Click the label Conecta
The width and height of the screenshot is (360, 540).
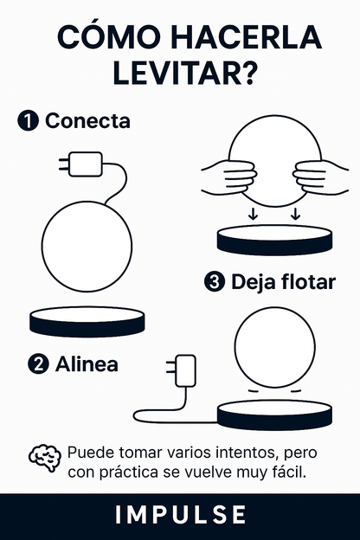pos(87,121)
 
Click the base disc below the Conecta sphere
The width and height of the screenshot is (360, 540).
pos(86,321)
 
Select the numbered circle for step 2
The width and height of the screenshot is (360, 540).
pos(37,364)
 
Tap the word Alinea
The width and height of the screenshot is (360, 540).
pos(87,364)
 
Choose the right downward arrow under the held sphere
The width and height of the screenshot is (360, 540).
pos(295,214)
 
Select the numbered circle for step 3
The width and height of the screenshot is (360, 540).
pos(215,282)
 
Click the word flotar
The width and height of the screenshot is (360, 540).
pos(305,282)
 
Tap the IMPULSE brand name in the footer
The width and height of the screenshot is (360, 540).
pos(180,515)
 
